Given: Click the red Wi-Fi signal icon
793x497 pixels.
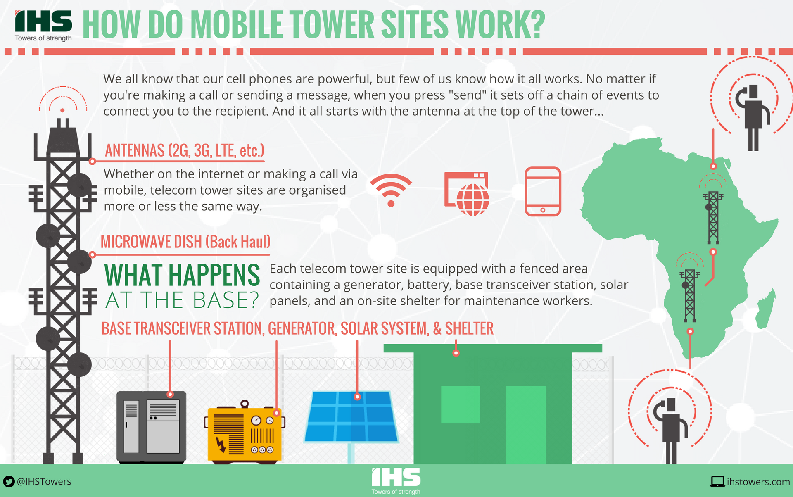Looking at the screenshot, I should pyautogui.click(x=391, y=189).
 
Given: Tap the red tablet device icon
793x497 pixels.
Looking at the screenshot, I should pyautogui.click(x=543, y=191).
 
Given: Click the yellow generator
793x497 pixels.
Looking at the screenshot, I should pyautogui.click(x=244, y=434).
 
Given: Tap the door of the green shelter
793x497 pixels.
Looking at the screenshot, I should pyautogui.click(x=525, y=424).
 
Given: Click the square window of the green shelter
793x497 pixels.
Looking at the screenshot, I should pyautogui.click(x=460, y=404).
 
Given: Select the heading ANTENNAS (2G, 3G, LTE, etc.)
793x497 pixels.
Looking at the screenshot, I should pyautogui.click(x=184, y=151).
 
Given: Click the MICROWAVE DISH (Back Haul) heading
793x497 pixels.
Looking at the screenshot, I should pyautogui.click(x=185, y=242).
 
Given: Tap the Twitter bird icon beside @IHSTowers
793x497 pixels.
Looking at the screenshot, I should pyautogui.click(x=9, y=481).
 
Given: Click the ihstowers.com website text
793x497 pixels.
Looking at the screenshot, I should pyautogui.click(x=758, y=482).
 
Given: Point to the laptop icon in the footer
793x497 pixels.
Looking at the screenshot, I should pyautogui.click(x=717, y=482).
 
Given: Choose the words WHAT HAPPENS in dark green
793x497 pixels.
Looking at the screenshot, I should pyautogui.click(x=182, y=275).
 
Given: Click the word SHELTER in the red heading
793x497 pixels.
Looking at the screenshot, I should pyautogui.click(x=469, y=329).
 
